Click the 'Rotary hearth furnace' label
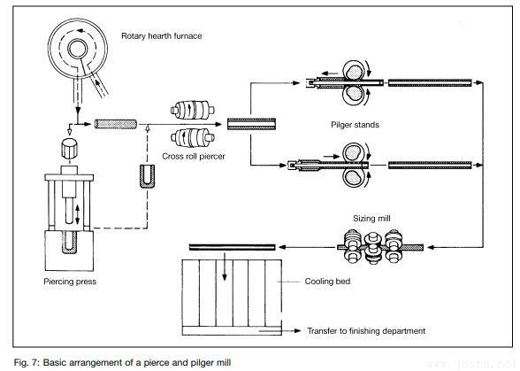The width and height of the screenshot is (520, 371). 161,36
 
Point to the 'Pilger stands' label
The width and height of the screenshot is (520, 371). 355,126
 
